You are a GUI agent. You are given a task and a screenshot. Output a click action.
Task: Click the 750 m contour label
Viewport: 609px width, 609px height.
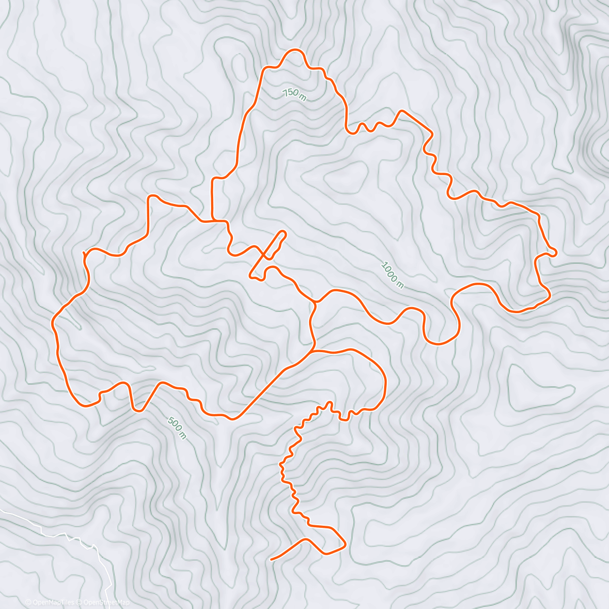294,94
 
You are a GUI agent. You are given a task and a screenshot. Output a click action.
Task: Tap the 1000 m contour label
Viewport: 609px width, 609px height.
392,275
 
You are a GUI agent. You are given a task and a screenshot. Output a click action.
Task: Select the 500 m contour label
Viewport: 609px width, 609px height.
176,427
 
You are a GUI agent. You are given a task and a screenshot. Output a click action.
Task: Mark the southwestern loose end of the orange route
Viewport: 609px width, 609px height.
272,559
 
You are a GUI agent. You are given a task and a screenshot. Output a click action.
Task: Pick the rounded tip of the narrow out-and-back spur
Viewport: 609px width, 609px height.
283,233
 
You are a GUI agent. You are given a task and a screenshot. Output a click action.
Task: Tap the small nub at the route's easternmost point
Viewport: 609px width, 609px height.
556,252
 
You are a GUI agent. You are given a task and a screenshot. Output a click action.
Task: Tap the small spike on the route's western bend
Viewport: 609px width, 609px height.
84,252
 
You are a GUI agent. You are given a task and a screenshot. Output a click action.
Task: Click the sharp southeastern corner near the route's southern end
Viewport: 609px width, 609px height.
345,545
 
